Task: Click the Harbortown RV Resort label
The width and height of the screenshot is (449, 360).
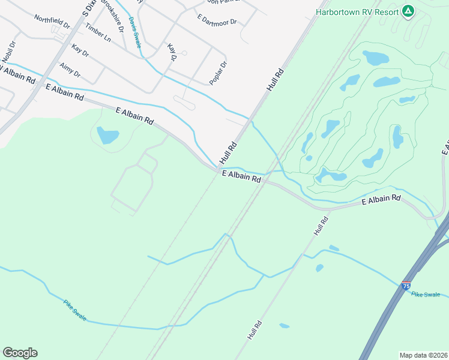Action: click(x=357, y=12)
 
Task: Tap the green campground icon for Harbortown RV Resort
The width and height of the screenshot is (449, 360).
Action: click(x=408, y=11)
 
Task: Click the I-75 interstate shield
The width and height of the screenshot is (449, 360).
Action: click(x=406, y=286)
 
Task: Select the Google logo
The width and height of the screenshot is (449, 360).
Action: click(x=20, y=353)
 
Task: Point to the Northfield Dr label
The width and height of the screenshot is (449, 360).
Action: click(x=52, y=23)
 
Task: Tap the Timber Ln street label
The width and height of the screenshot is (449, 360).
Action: click(x=98, y=33)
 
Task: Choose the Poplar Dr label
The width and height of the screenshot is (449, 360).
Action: click(x=219, y=73)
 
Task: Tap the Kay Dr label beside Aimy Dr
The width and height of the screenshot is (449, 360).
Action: click(x=80, y=50)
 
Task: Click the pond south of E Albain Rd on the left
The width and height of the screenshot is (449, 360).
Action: click(x=108, y=136)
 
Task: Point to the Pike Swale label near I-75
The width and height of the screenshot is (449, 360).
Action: click(x=426, y=295)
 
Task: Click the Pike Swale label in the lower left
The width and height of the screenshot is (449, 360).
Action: click(x=75, y=308)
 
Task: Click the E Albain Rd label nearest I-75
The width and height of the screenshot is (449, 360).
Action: click(x=381, y=200)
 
